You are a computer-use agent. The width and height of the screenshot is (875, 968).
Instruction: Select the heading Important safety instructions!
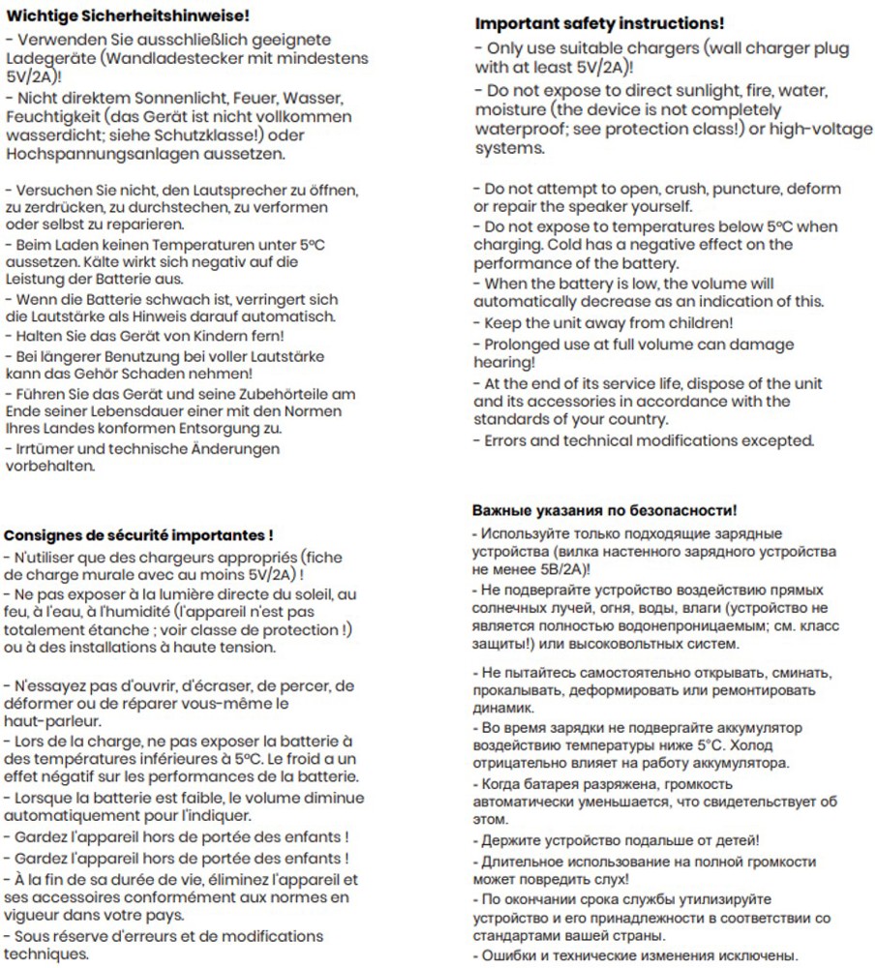click(x=599, y=23)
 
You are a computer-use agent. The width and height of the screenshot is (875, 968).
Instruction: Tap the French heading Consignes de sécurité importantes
click(x=138, y=534)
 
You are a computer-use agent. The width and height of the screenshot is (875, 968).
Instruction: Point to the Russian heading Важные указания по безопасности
click(x=604, y=509)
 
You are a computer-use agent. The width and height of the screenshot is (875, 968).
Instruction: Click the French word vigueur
click(x=33, y=916)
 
